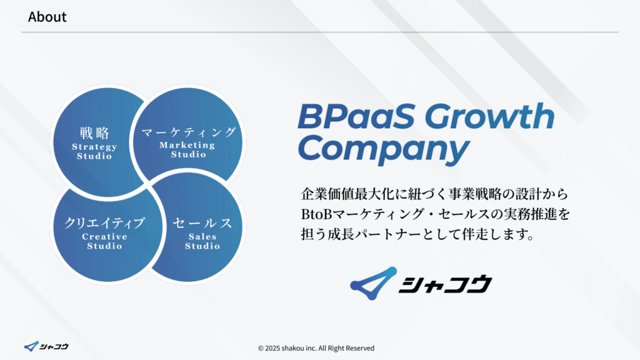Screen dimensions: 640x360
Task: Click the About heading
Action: click(x=47, y=17)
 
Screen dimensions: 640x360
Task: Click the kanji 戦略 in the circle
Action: click(x=94, y=133)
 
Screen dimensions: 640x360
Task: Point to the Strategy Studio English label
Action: click(x=94, y=151)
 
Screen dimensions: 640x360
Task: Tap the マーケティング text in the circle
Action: click(x=188, y=132)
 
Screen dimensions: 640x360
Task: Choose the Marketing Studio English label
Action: click(x=187, y=149)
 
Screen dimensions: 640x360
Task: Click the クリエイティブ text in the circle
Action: click(x=104, y=223)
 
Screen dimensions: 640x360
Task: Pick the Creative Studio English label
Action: click(x=104, y=241)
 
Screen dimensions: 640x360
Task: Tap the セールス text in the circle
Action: click(x=202, y=223)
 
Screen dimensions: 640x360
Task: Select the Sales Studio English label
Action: click(x=202, y=241)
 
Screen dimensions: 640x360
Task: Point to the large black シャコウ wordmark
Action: click(x=445, y=284)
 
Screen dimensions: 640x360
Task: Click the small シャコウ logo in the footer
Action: click(x=46, y=346)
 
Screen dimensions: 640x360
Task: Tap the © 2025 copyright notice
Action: click(x=316, y=348)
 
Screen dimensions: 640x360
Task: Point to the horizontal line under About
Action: click(x=319, y=32)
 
